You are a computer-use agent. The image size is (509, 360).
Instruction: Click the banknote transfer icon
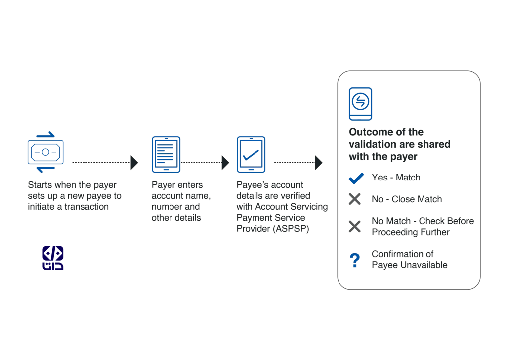click(45, 152)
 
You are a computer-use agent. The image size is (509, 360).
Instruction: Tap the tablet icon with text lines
click(166, 155)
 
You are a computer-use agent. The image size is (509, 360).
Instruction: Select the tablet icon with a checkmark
click(251, 155)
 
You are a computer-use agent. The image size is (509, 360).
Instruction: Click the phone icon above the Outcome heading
click(360, 104)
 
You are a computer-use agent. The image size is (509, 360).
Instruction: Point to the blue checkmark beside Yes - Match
click(356, 178)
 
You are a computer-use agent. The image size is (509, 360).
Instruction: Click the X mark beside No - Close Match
click(355, 199)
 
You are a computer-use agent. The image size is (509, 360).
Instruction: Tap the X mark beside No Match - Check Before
click(355, 226)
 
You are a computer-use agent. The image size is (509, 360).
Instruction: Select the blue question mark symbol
click(355, 260)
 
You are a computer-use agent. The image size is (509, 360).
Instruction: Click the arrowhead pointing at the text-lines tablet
click(134, 162)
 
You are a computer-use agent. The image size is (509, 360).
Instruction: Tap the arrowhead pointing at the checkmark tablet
click(225, 162)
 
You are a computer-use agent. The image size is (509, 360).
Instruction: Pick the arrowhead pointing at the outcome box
click(319, 162)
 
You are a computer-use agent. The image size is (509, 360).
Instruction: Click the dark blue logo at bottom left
click(53, 258)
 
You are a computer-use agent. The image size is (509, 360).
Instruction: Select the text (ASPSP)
click(291, 229)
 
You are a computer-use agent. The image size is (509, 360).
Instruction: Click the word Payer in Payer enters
click(162, 185)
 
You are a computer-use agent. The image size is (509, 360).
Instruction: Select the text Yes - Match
click(396, 177)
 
